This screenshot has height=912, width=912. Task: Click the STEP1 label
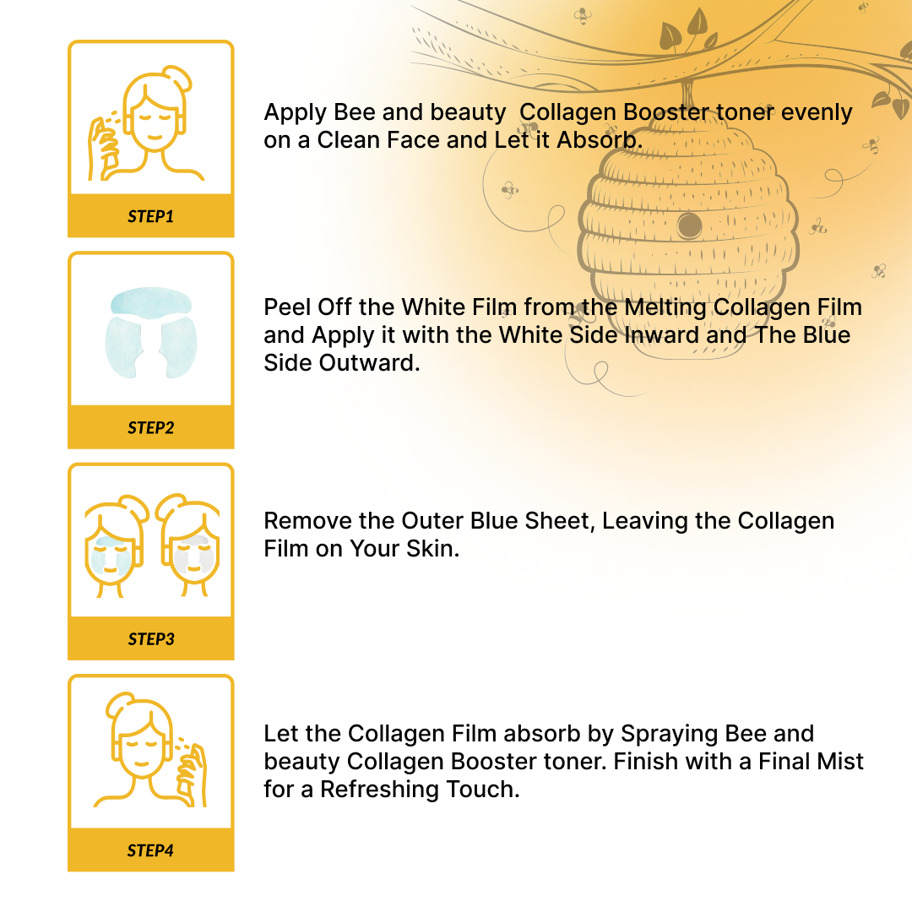[x=150, y=216]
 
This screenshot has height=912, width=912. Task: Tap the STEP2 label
[x=150, y=427]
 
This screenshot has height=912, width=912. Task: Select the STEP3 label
[x=151, y=638]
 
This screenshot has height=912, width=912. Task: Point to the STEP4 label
[x=150, y=850]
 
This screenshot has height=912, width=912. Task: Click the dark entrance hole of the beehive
[x=689, y=225]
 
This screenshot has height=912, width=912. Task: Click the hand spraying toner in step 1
[x=104, y=149]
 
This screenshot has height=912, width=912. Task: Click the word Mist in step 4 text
[x=841, y=762]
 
